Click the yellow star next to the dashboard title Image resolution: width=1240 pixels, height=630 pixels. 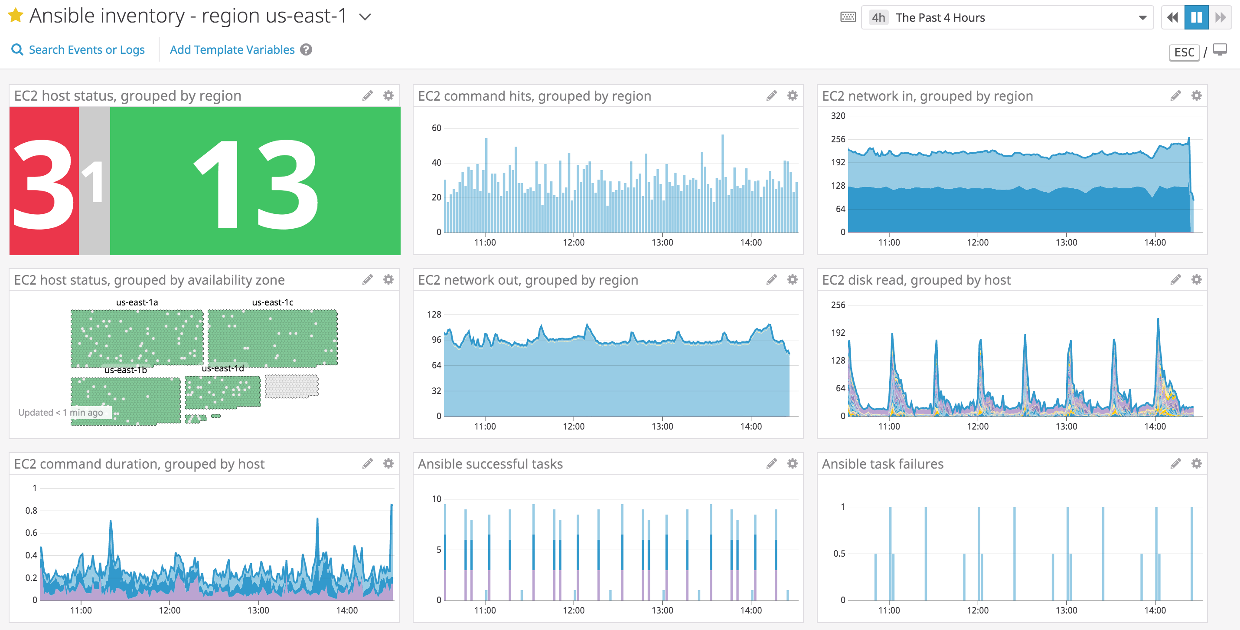click(x=16, y=16)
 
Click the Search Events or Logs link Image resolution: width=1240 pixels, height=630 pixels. click(x=86, y=49)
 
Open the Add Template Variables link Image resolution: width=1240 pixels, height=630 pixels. click(x=232, y=49)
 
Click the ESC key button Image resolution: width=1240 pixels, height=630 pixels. click(x=1184, y=52)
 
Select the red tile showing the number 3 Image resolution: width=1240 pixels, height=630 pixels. click(x=44, y=180)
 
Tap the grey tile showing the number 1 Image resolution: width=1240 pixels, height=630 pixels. click(x=95, y=180)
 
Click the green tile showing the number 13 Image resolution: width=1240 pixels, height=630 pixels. click(x=255, y=180)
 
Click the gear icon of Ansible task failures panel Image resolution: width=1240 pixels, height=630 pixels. click(x=1196, y=463)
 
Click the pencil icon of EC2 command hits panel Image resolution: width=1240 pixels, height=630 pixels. click(x=771, y=96)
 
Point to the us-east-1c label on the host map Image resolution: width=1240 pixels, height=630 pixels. click(x=272, y=302)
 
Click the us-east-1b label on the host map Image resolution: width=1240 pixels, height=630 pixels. click(x=125, y=370)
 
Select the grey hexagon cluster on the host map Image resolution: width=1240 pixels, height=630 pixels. click(x=291, y=386)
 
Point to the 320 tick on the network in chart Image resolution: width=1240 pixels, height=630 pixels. click(x=838, y=115)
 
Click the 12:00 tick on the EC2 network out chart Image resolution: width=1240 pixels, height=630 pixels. click(x=573, y=426)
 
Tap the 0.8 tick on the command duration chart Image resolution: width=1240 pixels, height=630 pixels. click(x=31, y=511)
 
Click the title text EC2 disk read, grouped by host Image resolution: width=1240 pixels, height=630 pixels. click(x=916, y=280)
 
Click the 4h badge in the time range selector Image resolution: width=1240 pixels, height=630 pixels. click(x=878, y=18)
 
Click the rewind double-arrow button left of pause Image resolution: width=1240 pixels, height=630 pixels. click(x=1172, y=18)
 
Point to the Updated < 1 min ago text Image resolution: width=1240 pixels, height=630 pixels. click(x=61, y=412)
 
